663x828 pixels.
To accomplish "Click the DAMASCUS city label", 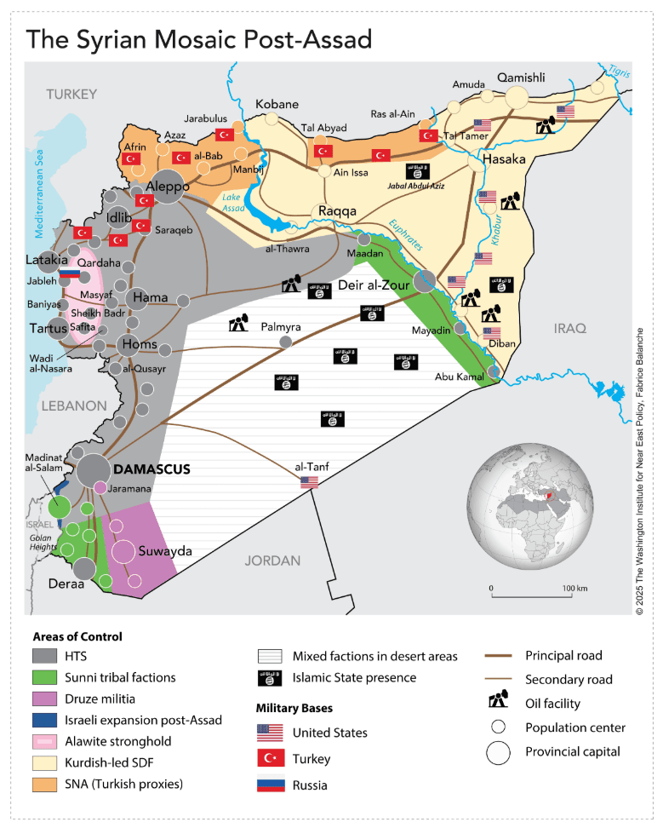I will click(151, 469).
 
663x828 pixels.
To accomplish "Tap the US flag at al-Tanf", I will click(309, 482).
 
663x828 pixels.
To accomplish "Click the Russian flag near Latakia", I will click(69, 273).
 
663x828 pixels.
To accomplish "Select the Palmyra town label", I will click(281, 326).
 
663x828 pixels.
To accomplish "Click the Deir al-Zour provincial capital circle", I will click(425, 280).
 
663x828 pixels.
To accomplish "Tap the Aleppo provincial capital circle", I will click(169, 193).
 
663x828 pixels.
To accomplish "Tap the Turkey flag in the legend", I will click(271, 759).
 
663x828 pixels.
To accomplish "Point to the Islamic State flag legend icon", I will click(271, 678).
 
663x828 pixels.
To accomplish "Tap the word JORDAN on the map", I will click(272, 561).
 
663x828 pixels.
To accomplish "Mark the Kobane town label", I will click(277, 104).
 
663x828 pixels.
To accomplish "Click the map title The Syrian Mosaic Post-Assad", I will click(198, 39).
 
